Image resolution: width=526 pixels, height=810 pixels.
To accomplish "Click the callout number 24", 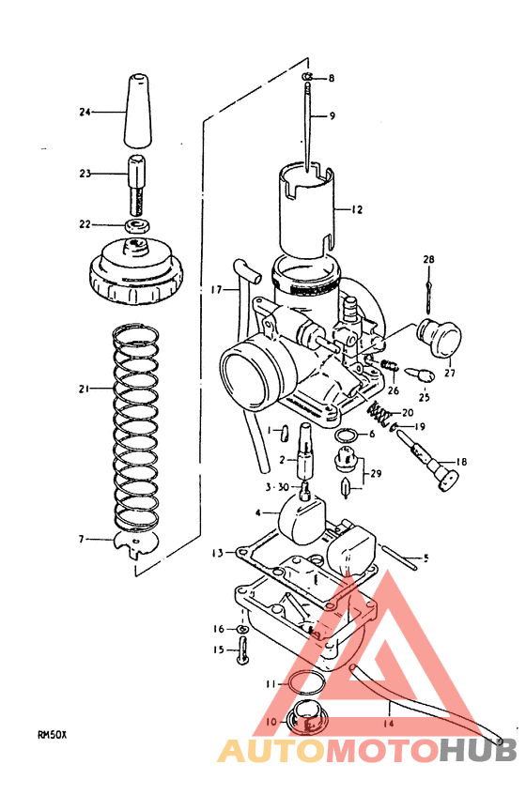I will [x=85, y=112].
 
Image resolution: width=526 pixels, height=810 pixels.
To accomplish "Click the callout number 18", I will [x=461, y=463].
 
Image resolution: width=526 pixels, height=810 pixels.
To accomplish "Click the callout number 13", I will [x=216, y=554].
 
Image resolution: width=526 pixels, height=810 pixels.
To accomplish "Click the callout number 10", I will [x=271, y=722].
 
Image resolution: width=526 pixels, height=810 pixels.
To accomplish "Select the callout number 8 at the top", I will [x=331, y=78].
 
